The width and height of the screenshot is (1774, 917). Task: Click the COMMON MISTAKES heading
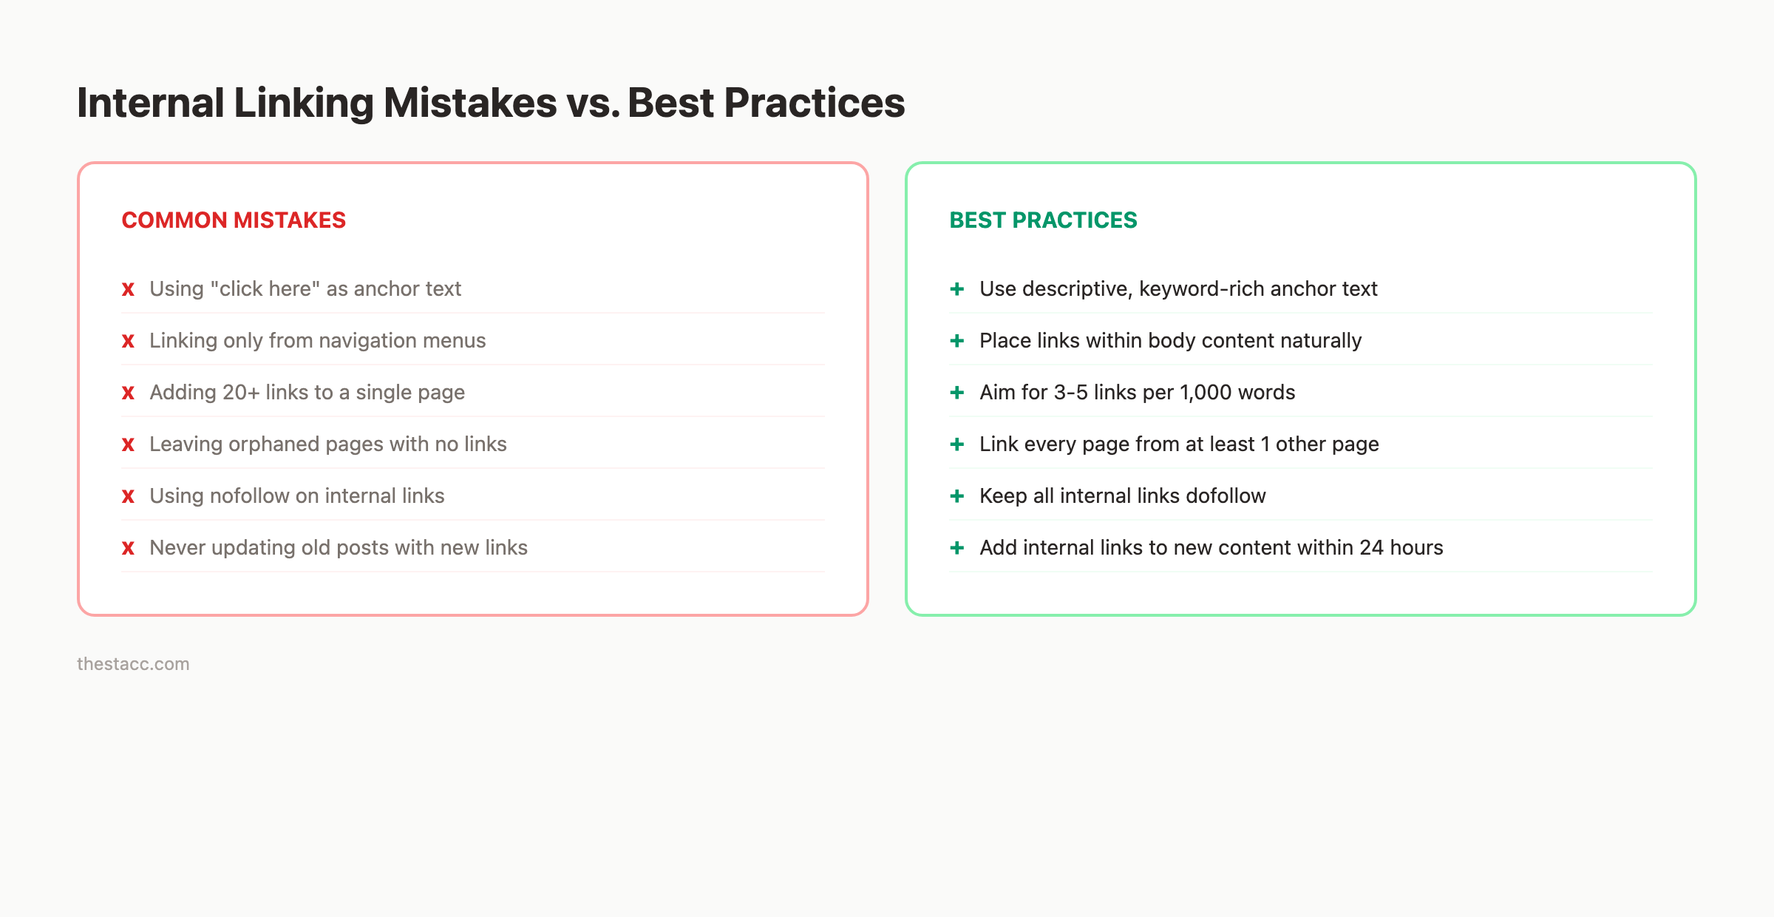coord(234,220)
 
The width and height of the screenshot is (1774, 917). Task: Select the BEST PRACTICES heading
coord(1043,220)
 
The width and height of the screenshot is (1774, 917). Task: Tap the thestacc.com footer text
coord(133,664)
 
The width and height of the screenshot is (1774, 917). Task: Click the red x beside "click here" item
coord(128,289)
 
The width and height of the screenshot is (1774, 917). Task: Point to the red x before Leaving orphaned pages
coord(128,444)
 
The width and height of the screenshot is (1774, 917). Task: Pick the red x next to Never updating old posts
coord(128,548)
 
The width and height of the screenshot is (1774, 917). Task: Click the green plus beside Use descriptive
coord(956,288)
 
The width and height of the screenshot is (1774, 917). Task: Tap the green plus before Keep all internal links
coord(956,495)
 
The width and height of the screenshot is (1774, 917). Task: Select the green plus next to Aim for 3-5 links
coord(956,392)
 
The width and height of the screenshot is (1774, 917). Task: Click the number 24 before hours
coord(1371,547)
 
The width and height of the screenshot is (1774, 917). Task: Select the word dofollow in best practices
coord(1226,495)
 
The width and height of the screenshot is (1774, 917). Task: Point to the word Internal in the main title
coord(150,103)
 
